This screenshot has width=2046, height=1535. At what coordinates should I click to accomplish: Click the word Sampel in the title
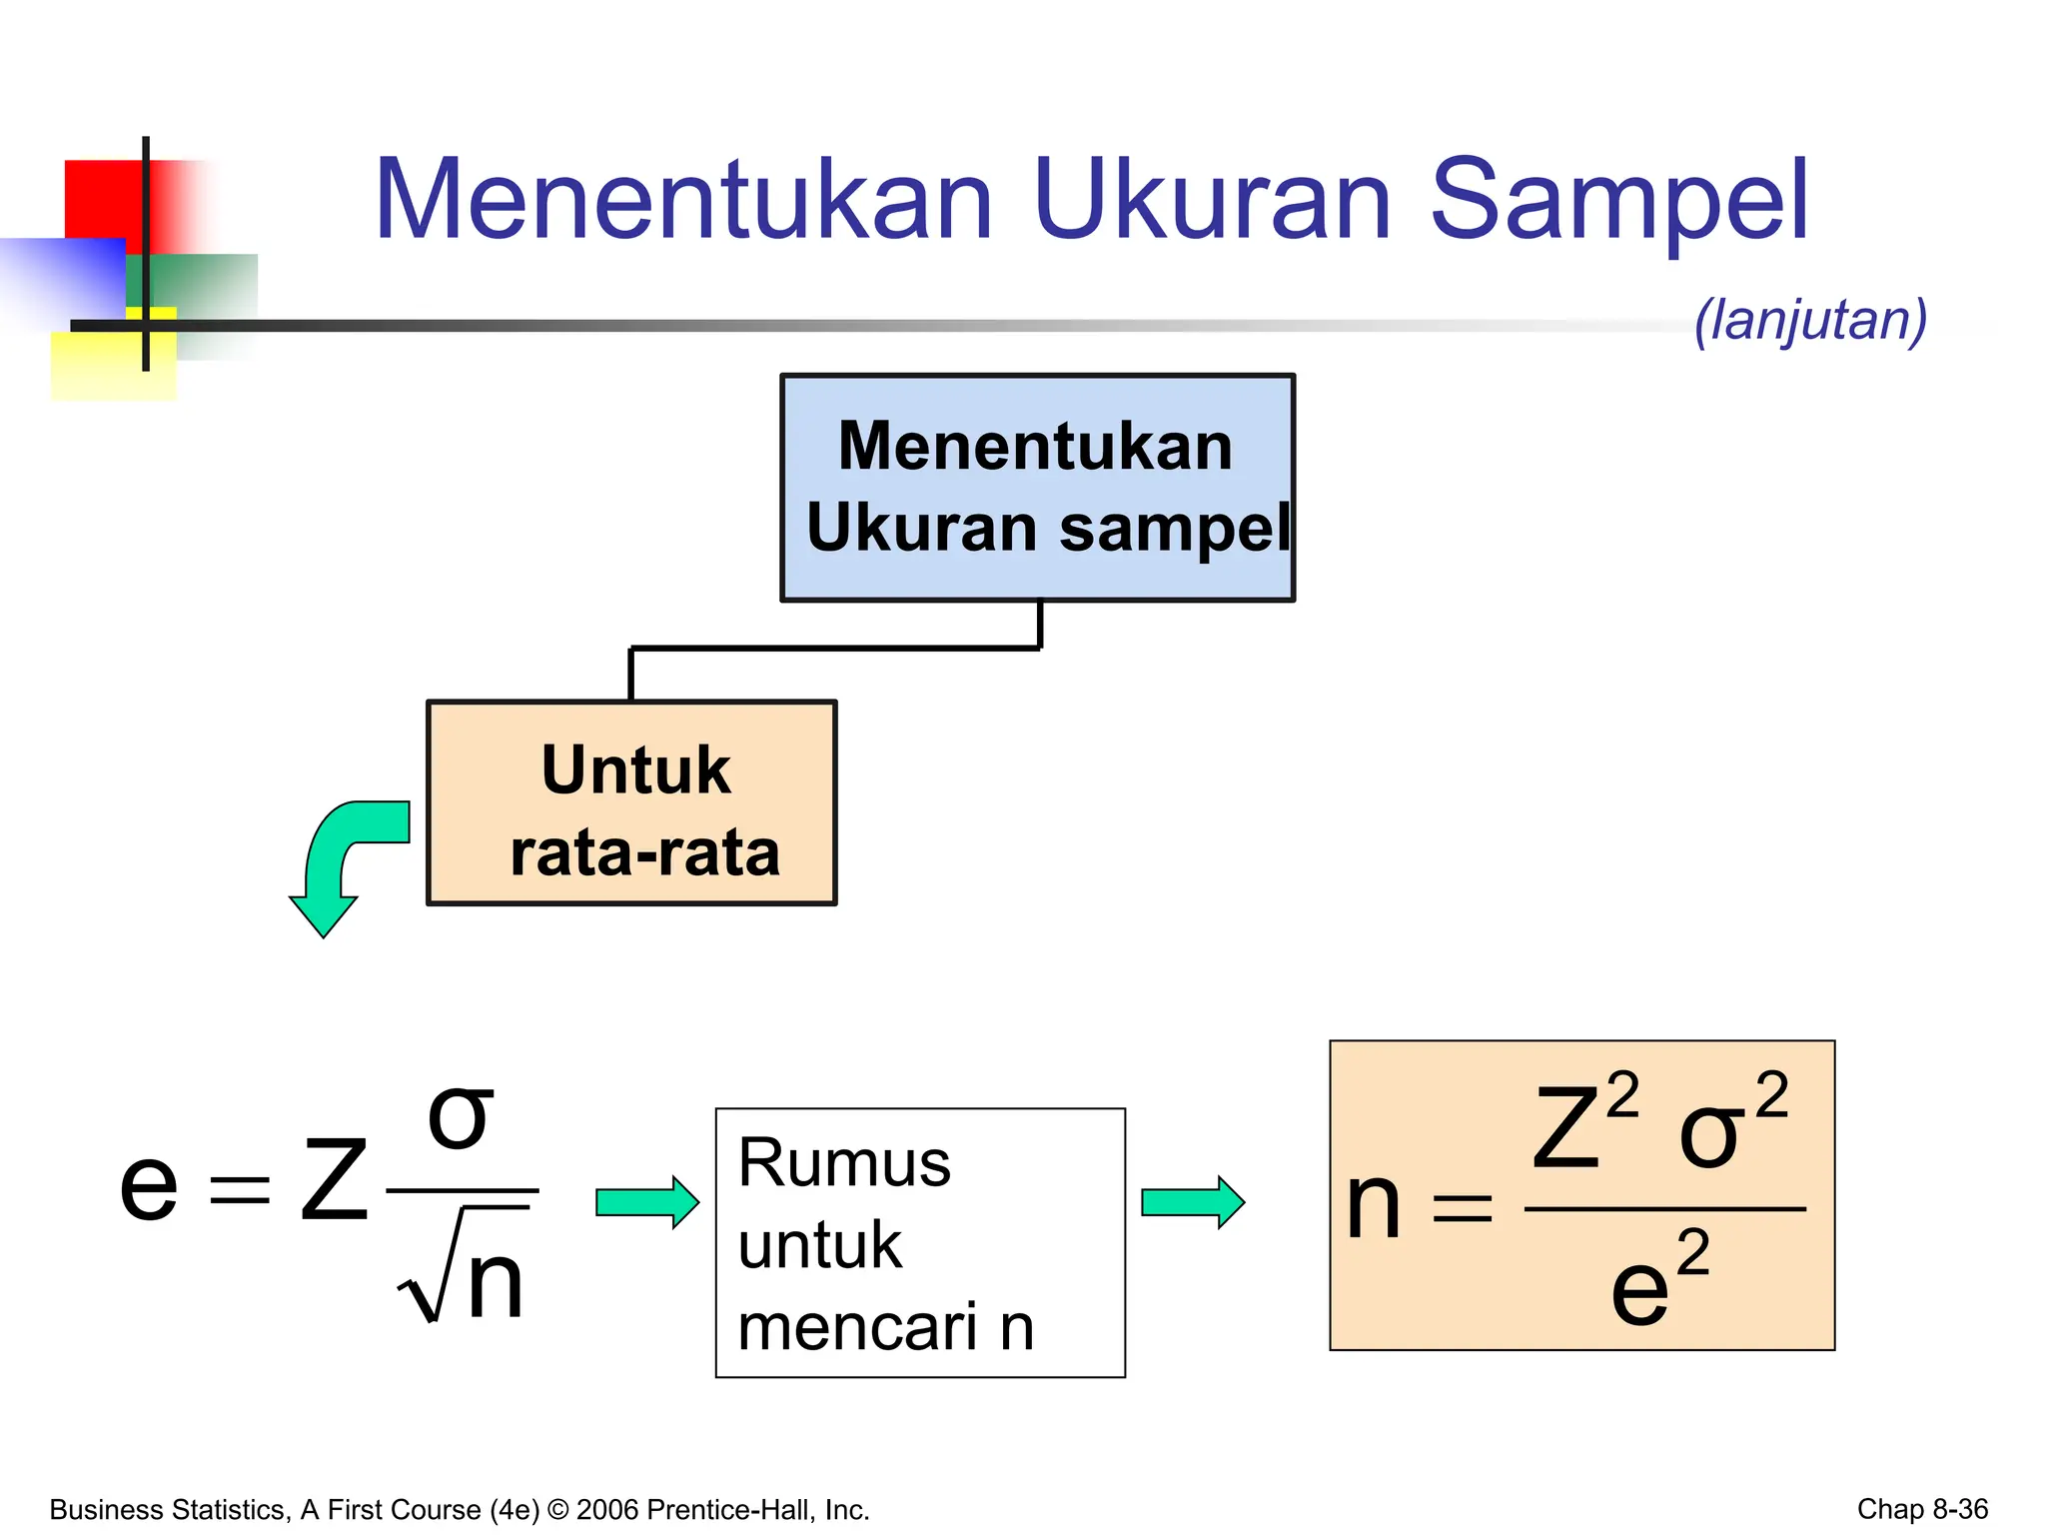[x=1618, y=200]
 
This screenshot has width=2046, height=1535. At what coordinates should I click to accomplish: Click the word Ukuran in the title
[x=1212, y=200]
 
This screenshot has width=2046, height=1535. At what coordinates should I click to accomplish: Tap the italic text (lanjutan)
[x=1810, y=321]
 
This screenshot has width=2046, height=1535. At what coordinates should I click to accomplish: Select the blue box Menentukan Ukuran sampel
[x=1037, y=488]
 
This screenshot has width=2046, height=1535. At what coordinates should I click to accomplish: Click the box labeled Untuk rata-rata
[x=631, y=803]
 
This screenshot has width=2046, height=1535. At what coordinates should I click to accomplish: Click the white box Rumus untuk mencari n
[x=920, y=1242]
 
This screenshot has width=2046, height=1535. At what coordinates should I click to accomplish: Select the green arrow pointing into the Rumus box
[x=646, y=1202]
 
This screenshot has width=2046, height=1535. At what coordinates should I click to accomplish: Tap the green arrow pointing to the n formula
[x=1192, y=1202]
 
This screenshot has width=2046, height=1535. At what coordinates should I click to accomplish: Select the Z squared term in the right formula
[x=1582, y=1123]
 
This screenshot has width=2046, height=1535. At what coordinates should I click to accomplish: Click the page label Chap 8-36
[x=1921, y=1508]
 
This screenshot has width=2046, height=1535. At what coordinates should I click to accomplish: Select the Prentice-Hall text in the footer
[x=729, y=1509]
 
